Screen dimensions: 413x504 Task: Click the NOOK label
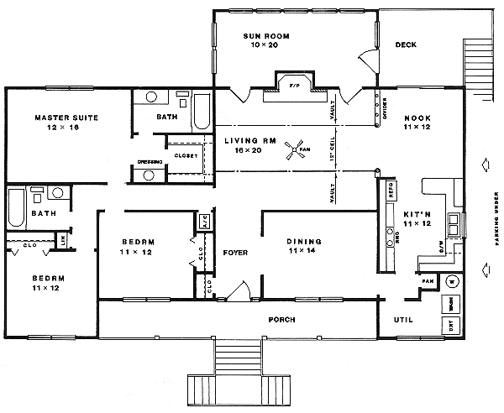point(417,118)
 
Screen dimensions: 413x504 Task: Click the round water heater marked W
point(449,280)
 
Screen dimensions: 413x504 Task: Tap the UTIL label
point(403,320)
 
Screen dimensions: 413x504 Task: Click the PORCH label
point(281,320)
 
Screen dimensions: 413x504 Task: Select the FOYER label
point(234,253)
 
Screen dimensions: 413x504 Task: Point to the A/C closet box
point(203,222)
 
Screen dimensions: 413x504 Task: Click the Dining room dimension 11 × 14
point(305,252)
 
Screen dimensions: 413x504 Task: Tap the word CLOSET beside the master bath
point(186,156)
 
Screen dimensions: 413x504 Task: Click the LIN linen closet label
point(64,241)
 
